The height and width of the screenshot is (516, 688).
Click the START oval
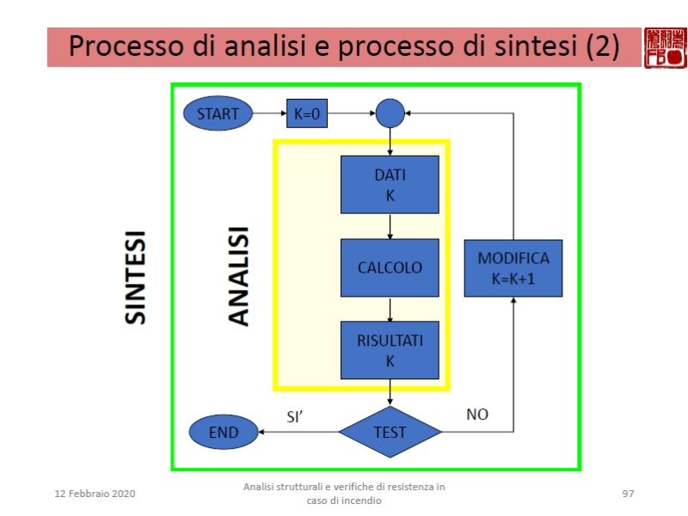pos(218,113)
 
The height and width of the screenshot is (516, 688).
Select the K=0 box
pos(307,113)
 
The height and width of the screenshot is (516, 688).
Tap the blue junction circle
pos(390,113)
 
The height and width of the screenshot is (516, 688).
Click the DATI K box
pos(390,184)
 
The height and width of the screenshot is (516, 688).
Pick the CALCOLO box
pos(390,267)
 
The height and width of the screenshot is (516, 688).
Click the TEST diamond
pos(390,431)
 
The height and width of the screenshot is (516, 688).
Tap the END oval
pos(224,432)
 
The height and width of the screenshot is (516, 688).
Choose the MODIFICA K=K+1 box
pos(513,267)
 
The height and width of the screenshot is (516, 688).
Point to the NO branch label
pos(477,415)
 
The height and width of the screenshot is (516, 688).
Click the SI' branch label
pos(297,416)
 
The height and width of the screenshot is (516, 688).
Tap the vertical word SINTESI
pos(135,277)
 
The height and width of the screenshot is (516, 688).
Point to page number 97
pos(628,494)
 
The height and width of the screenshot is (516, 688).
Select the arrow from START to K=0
pos(268,113)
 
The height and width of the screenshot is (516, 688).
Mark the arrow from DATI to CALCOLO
pos(390,226)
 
